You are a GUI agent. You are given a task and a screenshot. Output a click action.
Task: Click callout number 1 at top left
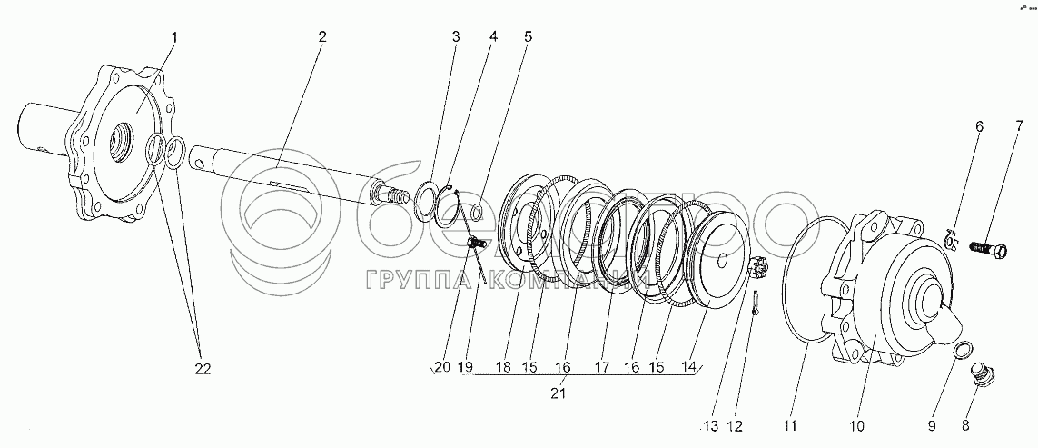tap(174, 37)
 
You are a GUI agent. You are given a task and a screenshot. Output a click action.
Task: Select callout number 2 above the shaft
tap(321, 37)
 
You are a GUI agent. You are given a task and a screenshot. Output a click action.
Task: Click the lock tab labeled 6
tap(949, 238)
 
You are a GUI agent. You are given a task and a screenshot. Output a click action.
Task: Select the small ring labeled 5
tap(476, 214)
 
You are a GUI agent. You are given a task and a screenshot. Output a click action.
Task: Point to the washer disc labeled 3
tap(424, 201)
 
